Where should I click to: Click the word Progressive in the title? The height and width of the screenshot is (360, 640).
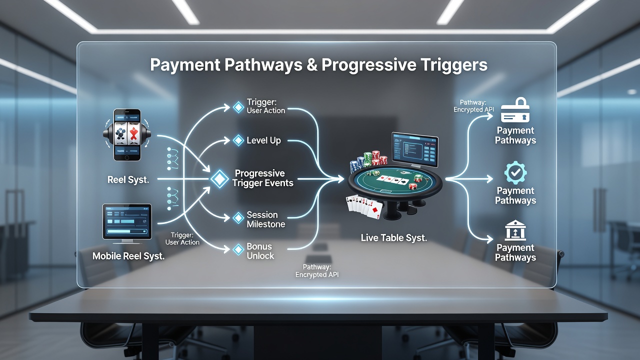pyautogui.click(x=368, y=65)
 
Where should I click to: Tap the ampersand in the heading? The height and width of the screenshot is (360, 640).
pyautogui.click(x=311, y=64)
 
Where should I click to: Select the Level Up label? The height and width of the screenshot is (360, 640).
pyautogui.click(x=263, y=140)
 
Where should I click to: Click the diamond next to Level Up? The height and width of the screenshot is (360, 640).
pyautogui.click(x=238, y=140)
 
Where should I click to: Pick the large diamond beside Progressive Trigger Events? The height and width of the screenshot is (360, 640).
pyautogui.click(x=219, y=179)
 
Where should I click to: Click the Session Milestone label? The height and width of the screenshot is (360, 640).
pyautogui.click(x=265, y=219)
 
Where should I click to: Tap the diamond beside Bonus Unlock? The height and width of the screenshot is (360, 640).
pyautogui.click(x=238, y=249)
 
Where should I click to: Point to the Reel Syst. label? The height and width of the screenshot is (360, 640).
pyautogui.click(x=128, y=179)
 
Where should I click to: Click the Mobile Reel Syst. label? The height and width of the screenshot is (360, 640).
pyautogui.click(x=128, y=256)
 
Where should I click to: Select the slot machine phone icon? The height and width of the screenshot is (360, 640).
pyautogui.click(x=127, y=135)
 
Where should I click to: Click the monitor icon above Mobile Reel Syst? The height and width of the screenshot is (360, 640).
pyautogui.click(x=127, y=223)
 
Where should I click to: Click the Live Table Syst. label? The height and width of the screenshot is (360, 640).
pyautogui.click(x=393, y=237)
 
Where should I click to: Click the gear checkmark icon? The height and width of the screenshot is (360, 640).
pyautogui.click(x=515, y=172)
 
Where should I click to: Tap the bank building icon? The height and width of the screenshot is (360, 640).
pyautogui.click(x=515, y=230)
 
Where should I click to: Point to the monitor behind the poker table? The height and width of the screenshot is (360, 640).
pyautogui.click(x=415, y=149)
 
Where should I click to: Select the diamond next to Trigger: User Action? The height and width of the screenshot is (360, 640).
pyautogui.click(x=238, y=107)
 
